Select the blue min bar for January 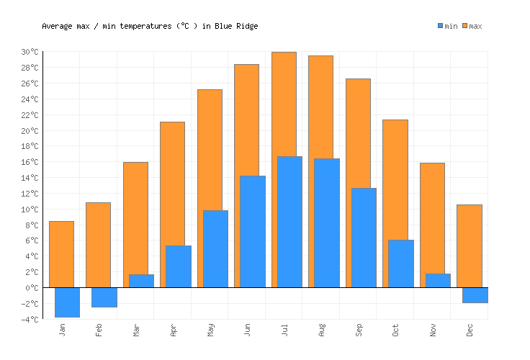(67, 302)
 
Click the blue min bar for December (475, 295)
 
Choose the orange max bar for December (469, 246)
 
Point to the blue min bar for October (401, 264)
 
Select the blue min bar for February (104, 297)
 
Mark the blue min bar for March (141, 281)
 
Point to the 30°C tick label (30, 52)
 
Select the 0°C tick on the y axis (33, 288)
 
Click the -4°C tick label (30, 320)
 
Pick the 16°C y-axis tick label (30, 162)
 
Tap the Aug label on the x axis (322, 330)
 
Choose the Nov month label (434, 330)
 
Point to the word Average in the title (57, 26)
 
